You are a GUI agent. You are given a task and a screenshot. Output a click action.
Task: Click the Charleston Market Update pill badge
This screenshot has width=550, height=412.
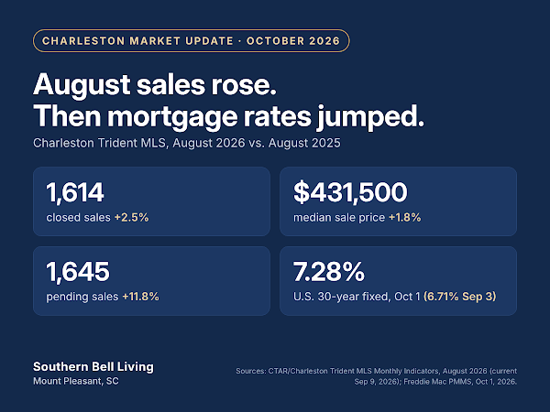pyautogui.click(x=192, y=40)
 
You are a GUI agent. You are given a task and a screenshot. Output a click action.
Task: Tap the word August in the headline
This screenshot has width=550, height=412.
pyautogui.click(x=82, y=85)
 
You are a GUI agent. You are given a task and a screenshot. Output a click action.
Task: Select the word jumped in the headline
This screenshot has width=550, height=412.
pyautogui.click(x=370, y=117)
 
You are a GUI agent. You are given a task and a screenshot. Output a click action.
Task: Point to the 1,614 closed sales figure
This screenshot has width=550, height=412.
pyautogui.click(x=75, y=192)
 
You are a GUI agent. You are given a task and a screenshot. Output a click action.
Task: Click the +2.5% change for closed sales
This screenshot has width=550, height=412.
pyautogui.click(x=131, y=218)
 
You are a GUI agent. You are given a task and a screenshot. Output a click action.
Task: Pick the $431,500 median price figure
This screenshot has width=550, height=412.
pyautogui.click(x=350, y=192)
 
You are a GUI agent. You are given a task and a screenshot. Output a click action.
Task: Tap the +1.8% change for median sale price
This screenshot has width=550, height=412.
pyautogui.click(x=405, y=218)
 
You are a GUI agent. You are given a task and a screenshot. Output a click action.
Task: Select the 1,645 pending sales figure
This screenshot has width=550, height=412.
pyautogui.click(x=78, y=272)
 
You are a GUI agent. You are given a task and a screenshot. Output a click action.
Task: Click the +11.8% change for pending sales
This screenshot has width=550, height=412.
pyautogui.click(x=140, y=297)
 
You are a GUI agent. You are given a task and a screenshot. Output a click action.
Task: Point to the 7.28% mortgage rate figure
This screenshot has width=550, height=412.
pyautogui.click(x=329, y=272)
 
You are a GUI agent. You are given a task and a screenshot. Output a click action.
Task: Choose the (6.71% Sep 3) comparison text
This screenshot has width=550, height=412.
pyautogui.click(x=460, y=297)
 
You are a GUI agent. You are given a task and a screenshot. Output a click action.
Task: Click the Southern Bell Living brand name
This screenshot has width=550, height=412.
pyautogui.click(x=93, y=367)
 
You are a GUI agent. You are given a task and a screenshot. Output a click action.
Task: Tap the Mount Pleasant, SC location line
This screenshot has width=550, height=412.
pyautogui.click(x=76, y=381)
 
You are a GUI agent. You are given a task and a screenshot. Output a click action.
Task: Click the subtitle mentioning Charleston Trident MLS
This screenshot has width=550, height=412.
pyautogui.click(x=187, y=143)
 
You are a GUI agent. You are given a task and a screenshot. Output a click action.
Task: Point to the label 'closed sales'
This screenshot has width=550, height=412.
pyautogui.click(x=79, y=218)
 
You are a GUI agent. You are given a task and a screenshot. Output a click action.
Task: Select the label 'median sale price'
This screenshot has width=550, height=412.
pyautogui.click(x=339, y=218)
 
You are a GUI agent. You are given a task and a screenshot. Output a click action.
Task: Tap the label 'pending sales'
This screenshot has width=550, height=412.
pyautogui.click(x=82, y=297)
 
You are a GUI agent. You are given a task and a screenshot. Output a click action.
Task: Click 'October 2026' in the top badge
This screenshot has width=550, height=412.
pyautogui.click(x=293, y=41)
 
